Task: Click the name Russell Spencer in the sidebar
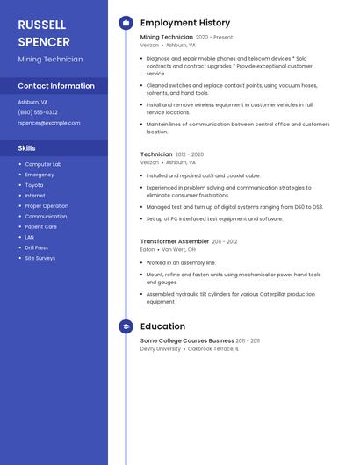(x=44, y=33)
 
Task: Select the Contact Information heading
(x=56, y=86)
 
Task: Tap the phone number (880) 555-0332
(x=38, y=112)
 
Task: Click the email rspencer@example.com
(x=48, y=123)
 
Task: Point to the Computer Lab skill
(x=43, y=164)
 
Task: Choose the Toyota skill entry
(x=33, y=185)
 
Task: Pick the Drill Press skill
(x=37, y=247)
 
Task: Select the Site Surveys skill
(x=40, y=258)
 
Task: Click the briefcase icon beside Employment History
(x=126, y=23)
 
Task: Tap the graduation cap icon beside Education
(x=126, y=326)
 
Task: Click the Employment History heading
(x=185, y=23)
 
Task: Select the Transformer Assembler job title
(x=175, y=241)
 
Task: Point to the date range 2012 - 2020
(x=190, y=154)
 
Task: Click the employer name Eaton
(x=148, y=249)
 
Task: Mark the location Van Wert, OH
(x=179, y=249)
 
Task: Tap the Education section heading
(x=162, y=326)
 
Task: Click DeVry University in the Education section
(x=161, y=348)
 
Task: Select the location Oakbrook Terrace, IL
(x=212, y=348)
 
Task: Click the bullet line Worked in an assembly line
(x=180, y=262)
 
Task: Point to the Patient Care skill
(x=40, y=226)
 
